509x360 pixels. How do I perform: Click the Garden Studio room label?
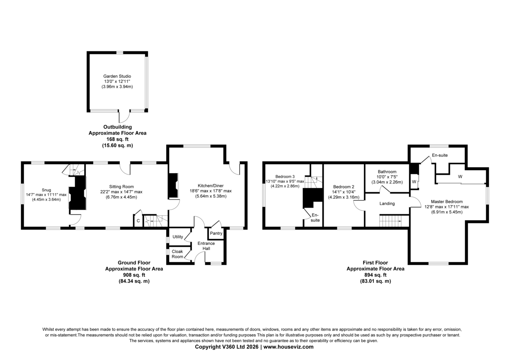coord(117,76)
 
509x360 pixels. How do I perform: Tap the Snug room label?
coord(46,190)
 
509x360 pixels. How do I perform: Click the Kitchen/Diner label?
coord(210,186)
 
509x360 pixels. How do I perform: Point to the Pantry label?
coord(216,233)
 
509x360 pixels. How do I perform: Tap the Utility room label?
coord(178,236)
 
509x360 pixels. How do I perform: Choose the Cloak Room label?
coord(177,254)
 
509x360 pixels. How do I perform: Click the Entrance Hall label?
coord(206,246)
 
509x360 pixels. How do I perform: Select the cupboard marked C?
coord(138,221)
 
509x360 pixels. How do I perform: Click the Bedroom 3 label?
coord(285,177)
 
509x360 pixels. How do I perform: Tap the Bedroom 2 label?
coord(344,187)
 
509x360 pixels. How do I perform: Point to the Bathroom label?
coord(387,172)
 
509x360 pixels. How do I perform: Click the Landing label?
coord(387,203)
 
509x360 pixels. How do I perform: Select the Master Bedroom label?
coord(447,202)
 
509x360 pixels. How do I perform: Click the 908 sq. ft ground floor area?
coord(134,275)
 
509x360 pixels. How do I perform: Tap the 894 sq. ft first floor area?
coord(375,275)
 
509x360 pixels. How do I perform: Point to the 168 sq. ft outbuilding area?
coord(117,139)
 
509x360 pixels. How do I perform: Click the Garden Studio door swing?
coord(124,117)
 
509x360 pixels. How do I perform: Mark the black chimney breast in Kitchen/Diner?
coord(173,186)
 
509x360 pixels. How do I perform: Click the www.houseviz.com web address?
coord(288,347)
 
